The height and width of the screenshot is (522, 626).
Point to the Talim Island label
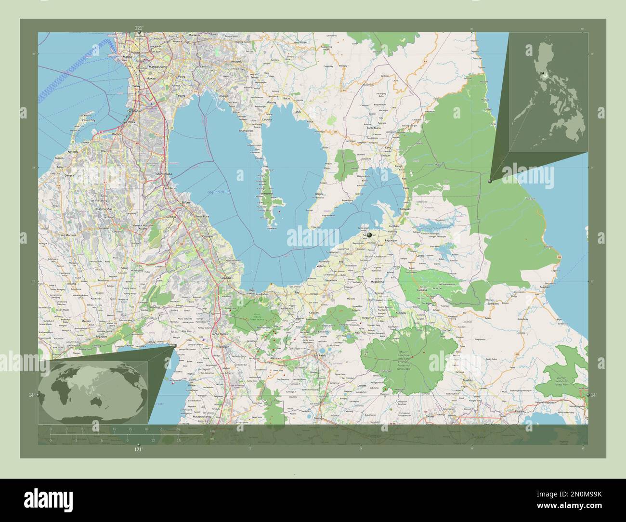(x=266, y=194)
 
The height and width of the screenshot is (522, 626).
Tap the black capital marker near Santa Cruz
(x=369, y=235)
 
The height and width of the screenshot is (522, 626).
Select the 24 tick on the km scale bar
(x=178, y=429)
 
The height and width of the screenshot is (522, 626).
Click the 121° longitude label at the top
(x=138, y=28)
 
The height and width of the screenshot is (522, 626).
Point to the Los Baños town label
(x=261, y=294)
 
